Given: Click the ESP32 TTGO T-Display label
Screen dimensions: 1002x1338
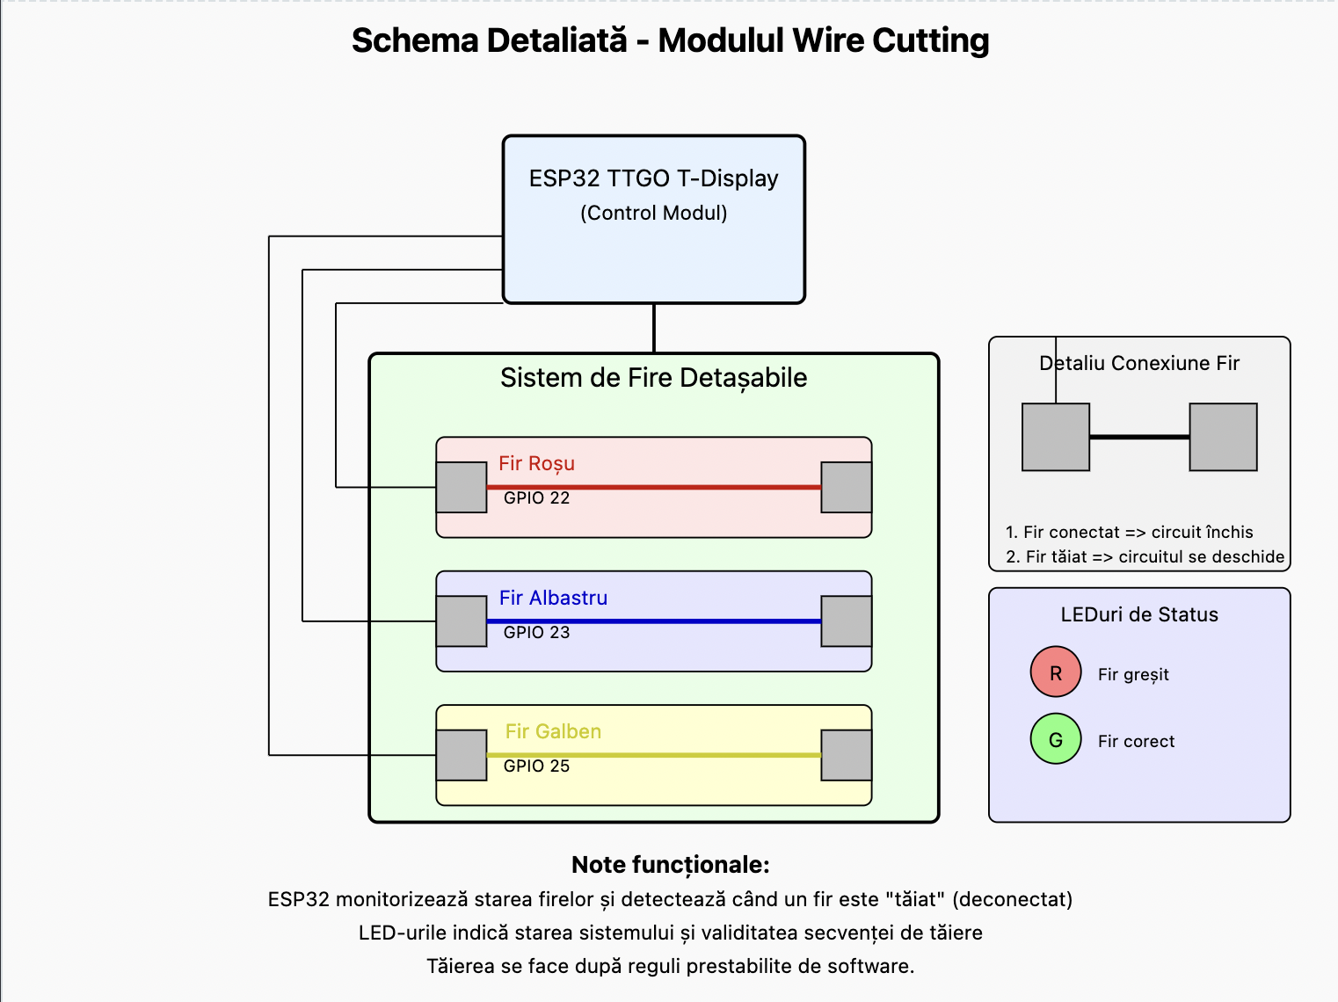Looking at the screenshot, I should (653, 178).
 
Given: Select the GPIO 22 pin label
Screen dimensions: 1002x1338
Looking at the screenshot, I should (536, 498).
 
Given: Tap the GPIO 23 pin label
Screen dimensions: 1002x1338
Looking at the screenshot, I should (536, 633).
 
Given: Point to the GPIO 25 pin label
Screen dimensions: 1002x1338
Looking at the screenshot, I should (536, 766).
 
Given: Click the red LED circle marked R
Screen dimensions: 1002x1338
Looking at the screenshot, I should (1056, 672).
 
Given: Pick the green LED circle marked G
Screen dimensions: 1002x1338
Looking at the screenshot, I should (1056, 739).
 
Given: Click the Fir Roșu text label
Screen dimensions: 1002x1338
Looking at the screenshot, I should (536, 464).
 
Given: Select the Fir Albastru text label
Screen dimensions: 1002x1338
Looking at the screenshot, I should (553, 599).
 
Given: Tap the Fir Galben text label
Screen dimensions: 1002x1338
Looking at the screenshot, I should (553, 732).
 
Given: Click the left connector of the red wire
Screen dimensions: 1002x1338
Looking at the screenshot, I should (462, 488).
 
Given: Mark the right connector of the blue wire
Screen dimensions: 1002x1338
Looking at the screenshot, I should (846, 621).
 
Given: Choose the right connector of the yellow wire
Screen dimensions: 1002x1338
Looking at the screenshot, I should (846, 755).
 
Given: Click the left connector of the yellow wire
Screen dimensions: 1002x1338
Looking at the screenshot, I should (462, 755).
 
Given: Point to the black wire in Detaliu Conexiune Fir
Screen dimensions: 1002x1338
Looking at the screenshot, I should (1139, 437).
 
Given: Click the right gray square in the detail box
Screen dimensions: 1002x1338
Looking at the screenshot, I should (1223, 437).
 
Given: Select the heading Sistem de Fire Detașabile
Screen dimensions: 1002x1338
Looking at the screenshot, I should (653, 378).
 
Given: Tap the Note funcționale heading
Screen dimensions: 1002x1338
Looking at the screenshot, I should (670, 865).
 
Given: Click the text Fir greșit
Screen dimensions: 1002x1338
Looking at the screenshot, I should (1133, 675).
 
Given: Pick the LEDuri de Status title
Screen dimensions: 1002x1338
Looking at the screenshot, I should (1139, 615).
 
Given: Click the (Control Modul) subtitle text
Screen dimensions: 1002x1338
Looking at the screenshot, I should (653, 214).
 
